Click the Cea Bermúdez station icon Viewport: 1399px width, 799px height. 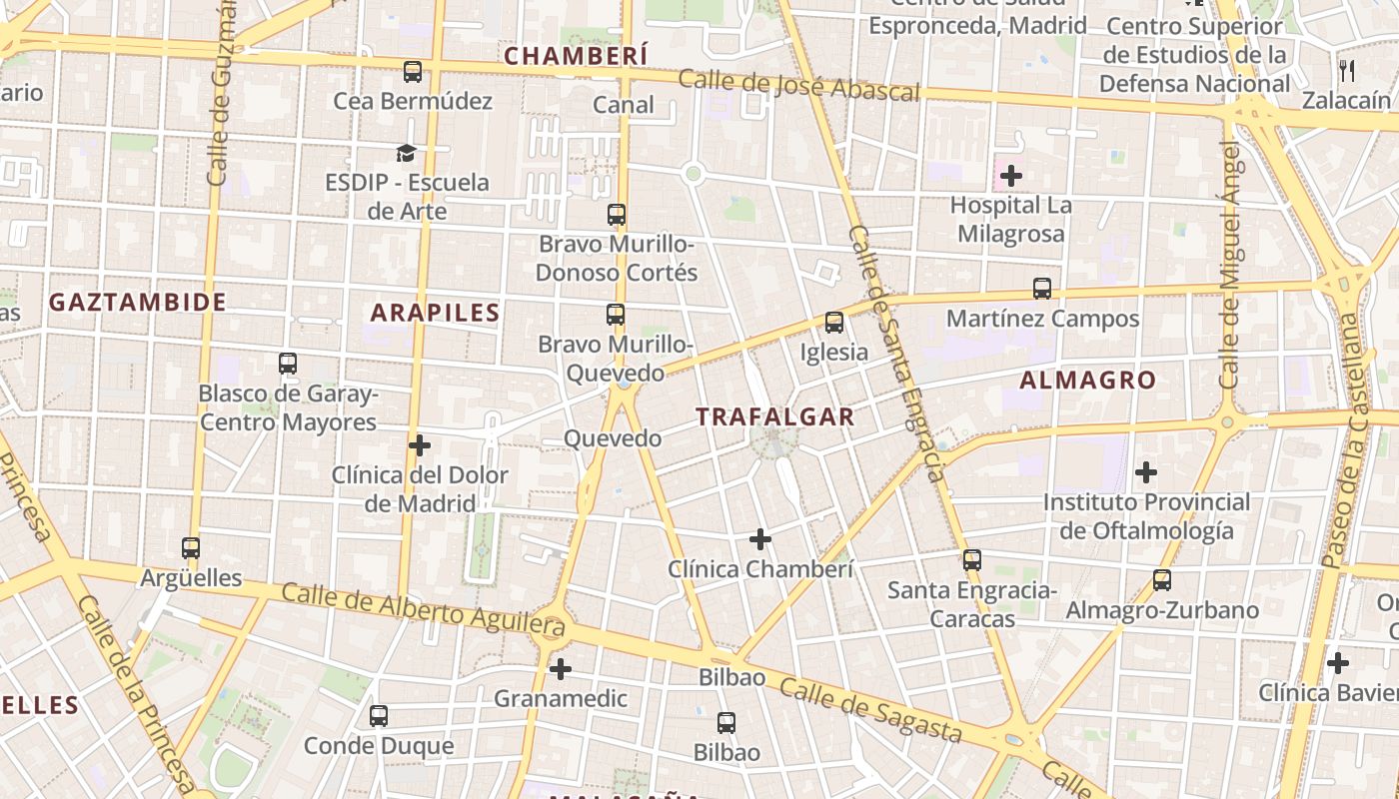pos(413,72)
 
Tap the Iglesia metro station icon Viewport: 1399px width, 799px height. pos(834,323)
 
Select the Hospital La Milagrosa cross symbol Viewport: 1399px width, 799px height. pos(1011,177)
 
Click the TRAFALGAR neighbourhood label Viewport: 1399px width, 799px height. pos(775,416)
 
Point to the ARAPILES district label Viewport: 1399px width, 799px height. pos(435,313)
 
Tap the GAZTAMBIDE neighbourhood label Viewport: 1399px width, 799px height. pos(138,302)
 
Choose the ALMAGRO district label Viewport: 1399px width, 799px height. pos(1087,380)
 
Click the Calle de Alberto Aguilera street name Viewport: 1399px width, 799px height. pos(423,608)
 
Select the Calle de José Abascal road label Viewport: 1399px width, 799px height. pos(798,86)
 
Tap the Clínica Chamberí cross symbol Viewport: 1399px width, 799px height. pos(760,539)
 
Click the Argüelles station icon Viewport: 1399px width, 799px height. pos(191,547)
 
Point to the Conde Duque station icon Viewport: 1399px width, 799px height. pos(378,715)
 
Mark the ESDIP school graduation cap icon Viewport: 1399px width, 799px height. pos(406,153)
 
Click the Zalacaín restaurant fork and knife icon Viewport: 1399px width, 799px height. pos(1347,70)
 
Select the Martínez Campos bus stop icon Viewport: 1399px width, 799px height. pos(1042,289)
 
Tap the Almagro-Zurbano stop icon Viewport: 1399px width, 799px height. pos(1161,579)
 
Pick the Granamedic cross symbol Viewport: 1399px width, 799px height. pos(561,668)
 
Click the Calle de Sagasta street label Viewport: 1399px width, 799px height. pos(869,710)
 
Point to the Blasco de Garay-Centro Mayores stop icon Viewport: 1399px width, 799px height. pos(288,363)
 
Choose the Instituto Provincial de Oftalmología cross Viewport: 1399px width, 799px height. pos(1146,471)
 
